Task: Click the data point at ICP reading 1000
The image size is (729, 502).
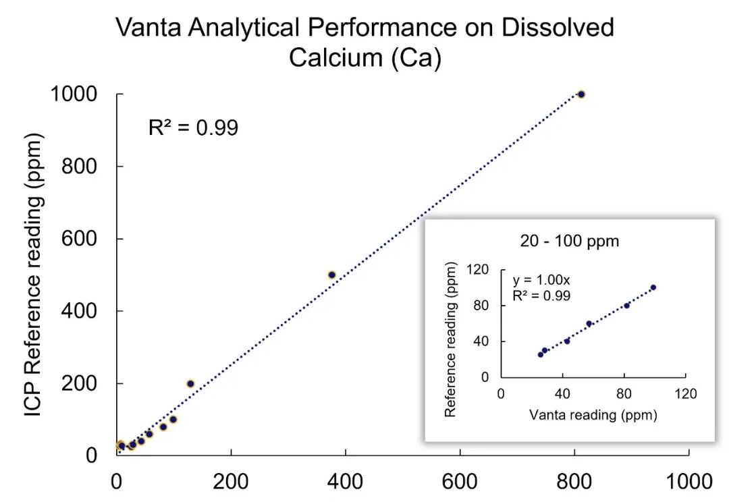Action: [x=581, y=94]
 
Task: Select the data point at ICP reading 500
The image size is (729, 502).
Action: [x=331, y=275]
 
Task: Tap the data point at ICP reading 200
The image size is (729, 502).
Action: [x=190, y=384]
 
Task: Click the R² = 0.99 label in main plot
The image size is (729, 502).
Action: [x=193, y=128]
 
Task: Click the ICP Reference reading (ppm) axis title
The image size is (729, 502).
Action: [x=34, y=275]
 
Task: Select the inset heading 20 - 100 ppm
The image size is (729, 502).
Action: [x=570, y=241]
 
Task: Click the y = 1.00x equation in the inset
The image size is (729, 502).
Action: [x=537, y=280]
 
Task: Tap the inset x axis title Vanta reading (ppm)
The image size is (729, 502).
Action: [x=593, y=415]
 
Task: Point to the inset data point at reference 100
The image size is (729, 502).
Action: [x=653, y=287]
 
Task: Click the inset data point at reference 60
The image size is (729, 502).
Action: [x=589, y=324]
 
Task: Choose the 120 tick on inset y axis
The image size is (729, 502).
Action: [x=480, y=270]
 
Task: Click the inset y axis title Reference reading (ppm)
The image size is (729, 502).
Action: [x=451, y=339]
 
